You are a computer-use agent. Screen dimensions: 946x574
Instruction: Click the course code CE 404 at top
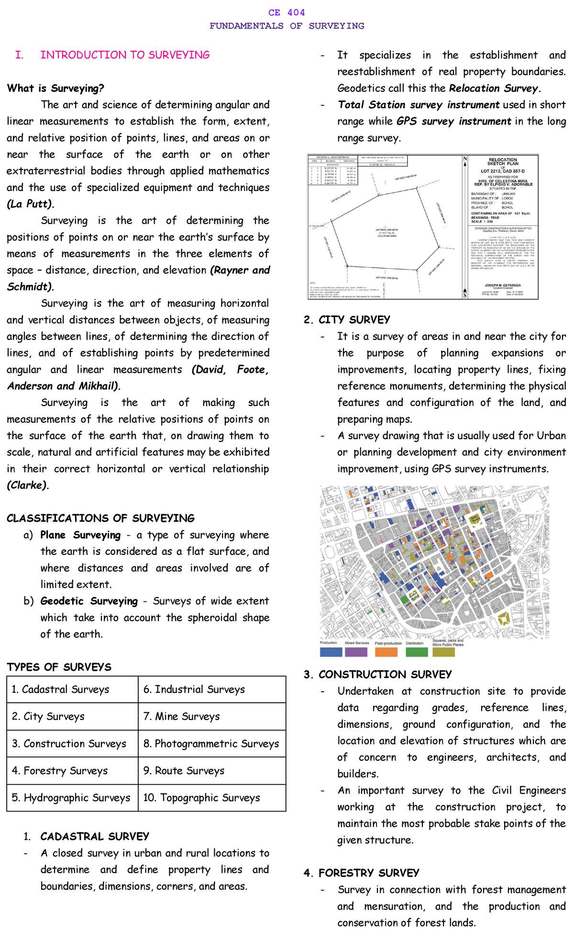coord(287,12)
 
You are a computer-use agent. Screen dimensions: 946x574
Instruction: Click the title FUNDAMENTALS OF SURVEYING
coord(287,26)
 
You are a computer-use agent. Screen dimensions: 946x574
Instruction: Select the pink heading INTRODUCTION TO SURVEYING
coord(125,55)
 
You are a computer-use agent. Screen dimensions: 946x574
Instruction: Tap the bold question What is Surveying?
coord(55,88)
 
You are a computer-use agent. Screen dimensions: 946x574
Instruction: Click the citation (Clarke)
coord(28,485)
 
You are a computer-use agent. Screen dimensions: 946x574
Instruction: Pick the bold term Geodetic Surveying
coord(89,601)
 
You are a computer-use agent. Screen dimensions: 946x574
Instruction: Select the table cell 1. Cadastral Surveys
coord(60,689)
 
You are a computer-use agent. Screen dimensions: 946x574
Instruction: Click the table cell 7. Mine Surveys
coord(181,716)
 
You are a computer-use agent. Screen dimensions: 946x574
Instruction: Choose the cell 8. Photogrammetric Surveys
coord(211,743)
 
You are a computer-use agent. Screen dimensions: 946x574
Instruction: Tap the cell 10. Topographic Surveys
coord(201,798)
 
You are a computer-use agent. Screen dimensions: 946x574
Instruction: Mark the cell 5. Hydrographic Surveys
coord(71,798)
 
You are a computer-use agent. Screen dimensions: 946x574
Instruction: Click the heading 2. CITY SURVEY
coord(347,320)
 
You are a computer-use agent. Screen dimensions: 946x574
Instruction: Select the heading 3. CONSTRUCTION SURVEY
coord(377,675)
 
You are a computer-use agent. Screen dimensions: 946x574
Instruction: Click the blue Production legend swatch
coord(331,652)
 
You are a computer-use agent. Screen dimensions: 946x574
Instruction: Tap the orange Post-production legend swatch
coord(386,652)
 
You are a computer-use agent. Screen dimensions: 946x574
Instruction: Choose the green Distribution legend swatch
coord(416,652)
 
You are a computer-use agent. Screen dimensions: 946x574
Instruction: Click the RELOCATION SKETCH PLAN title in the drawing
coord(502,161)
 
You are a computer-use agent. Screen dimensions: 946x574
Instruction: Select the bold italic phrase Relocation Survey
coord(494,88)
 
